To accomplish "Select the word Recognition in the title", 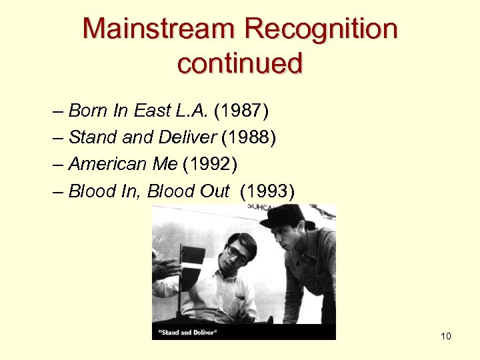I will [320, 29].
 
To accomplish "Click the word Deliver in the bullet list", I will [187, 137].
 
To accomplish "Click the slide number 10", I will [446, 336].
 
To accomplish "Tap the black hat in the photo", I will [287, 217].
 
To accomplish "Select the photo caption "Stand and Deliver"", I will [188, 331].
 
